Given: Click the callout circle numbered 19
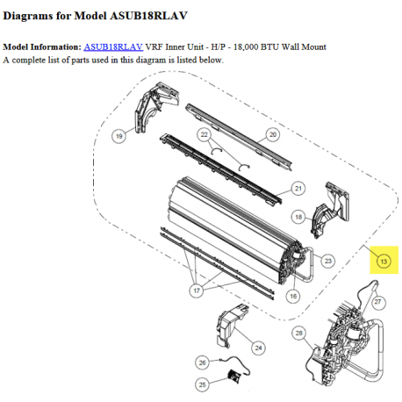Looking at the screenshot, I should click(x=118, y=135).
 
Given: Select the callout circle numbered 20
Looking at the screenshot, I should click(x=272, y=134).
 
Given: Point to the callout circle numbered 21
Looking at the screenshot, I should click(x=298, y=189).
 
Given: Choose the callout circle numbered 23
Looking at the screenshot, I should click(x=327, y=261).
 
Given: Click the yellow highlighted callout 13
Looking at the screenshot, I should click(x=383, y=261).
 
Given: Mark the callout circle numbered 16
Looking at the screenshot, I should click(x=294, y=298).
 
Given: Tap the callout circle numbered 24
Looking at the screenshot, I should click(x=258, y=348).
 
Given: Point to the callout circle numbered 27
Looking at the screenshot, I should click(x=377, y=302).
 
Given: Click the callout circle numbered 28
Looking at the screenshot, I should click(x=299, y=334).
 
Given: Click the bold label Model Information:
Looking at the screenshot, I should click(x=42, y=46).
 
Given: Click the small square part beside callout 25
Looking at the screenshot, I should click(x=234, y=377).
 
